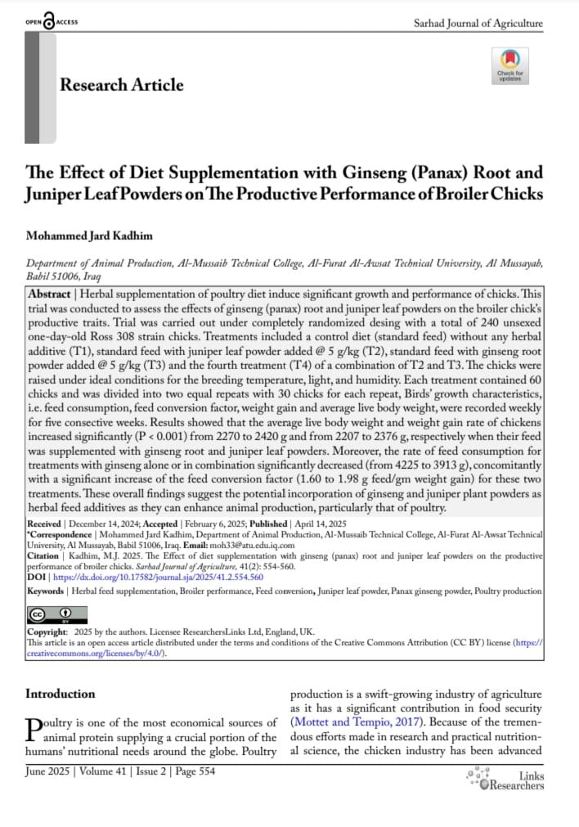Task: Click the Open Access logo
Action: tap(52, 21)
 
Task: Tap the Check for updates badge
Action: tap(510, 65)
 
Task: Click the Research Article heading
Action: tap(122, 85)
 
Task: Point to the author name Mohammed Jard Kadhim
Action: tap(91, 236)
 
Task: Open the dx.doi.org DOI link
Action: tap(155, 576)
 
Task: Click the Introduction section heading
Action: tap(61, 694)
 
